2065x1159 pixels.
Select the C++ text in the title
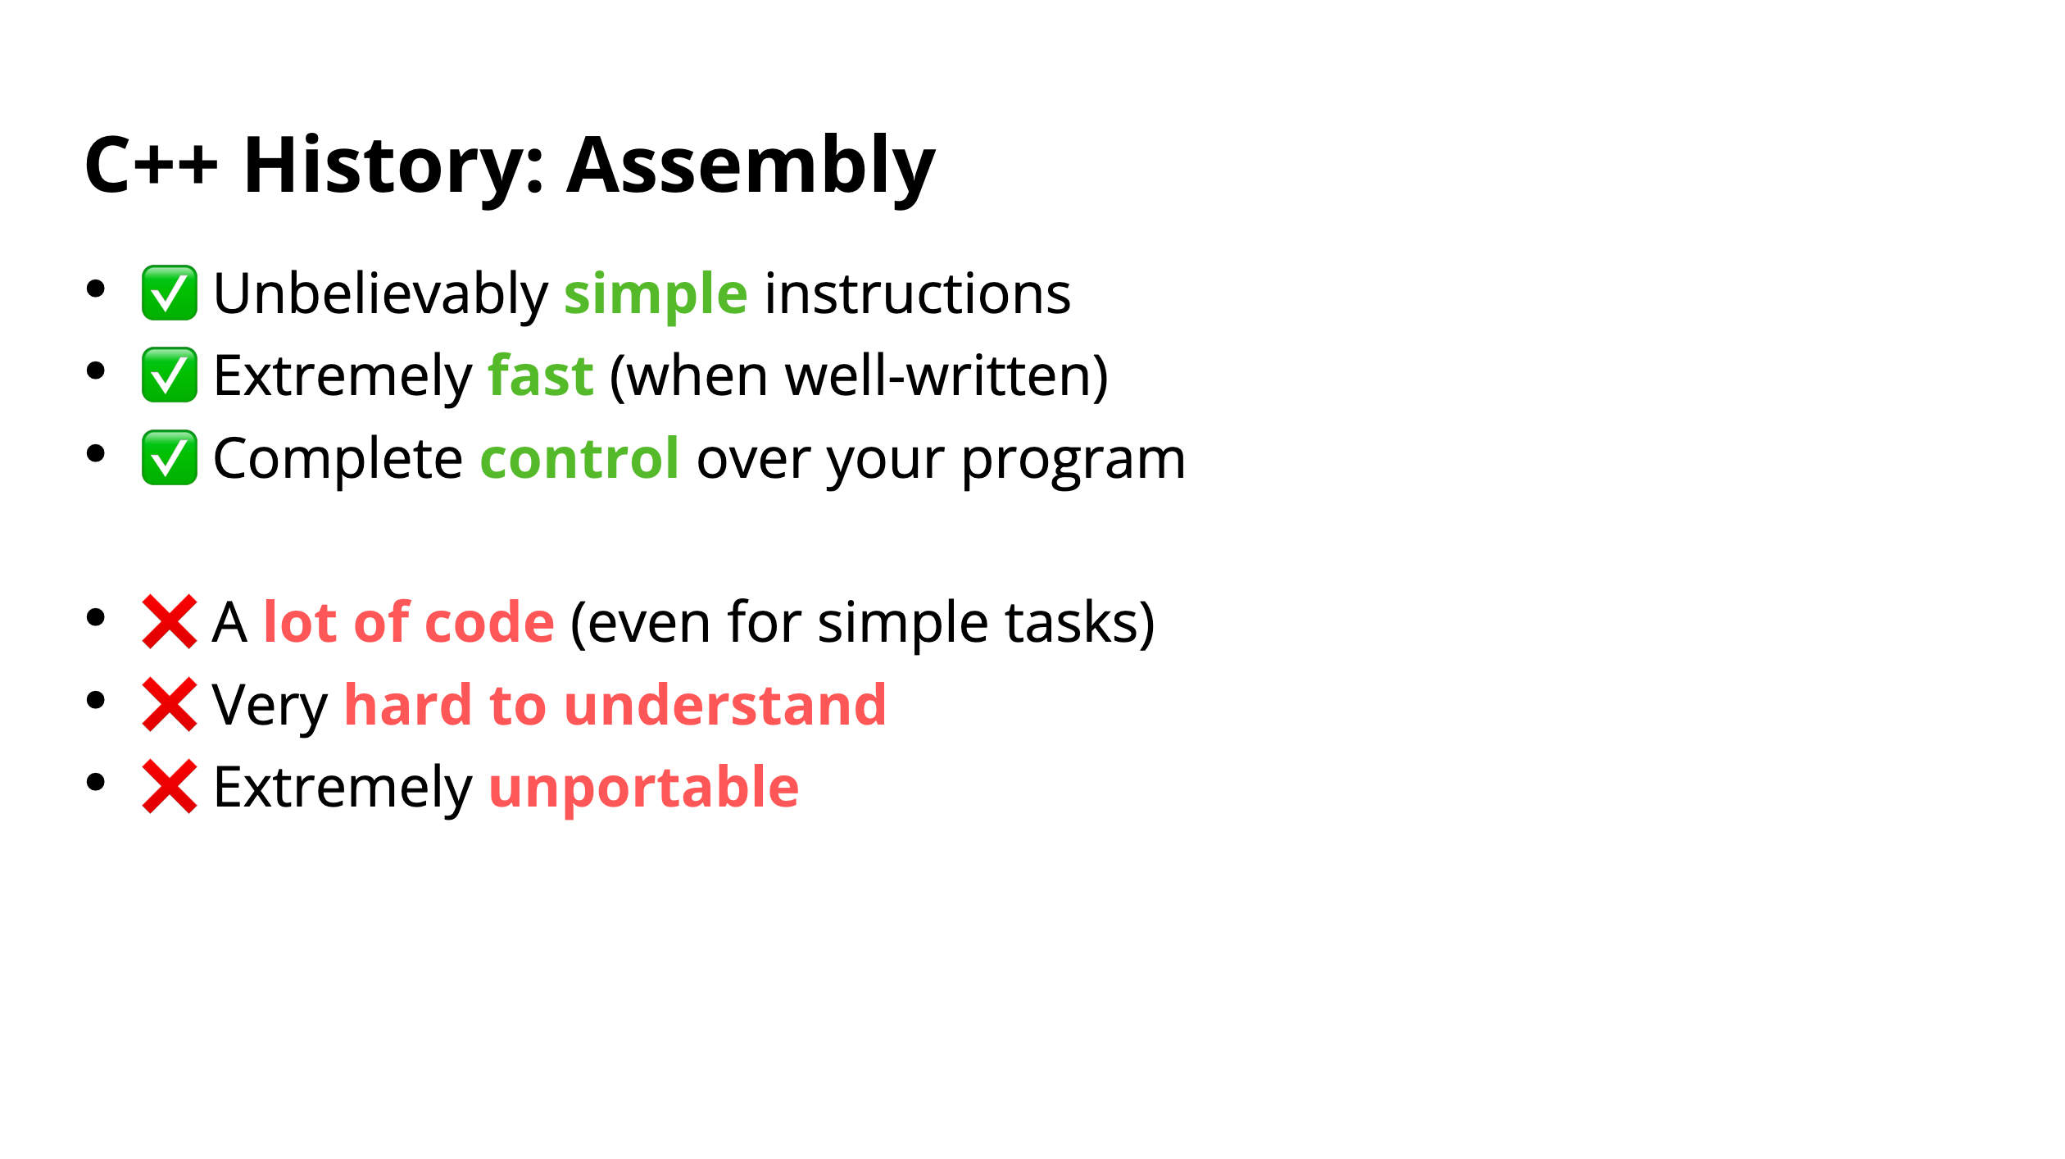(x=152, y=166)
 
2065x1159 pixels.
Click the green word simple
(x=656, y=296)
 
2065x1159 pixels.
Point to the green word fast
(x=541, y=376)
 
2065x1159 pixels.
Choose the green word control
(x=579, y=459)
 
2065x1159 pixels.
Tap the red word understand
(x=725, y=706)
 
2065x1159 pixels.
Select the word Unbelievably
(x=380, y=296)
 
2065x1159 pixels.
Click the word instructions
(x=917, y=294)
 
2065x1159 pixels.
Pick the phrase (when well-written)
(x=859, y=378)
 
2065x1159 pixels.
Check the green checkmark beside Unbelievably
(x=170, y=293)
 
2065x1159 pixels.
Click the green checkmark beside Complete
(x=170, y=457)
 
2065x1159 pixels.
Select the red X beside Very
(x=170, y=704)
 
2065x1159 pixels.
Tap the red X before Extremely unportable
(x=170, y=787)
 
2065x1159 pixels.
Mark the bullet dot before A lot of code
(x=96, y=617)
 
